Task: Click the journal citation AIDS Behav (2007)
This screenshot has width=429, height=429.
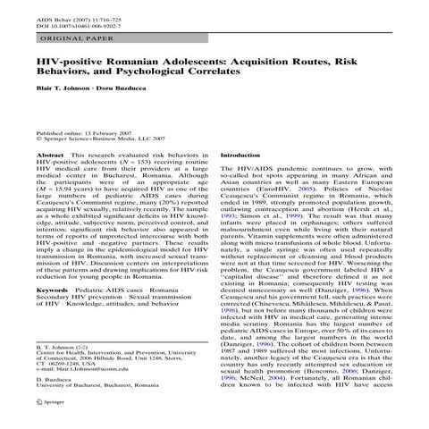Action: point(63,15)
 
